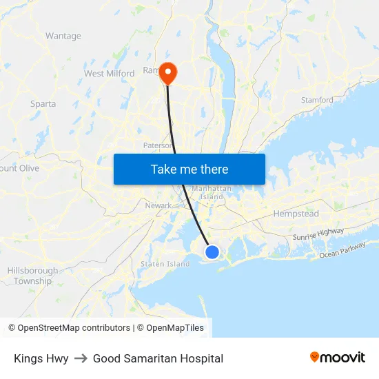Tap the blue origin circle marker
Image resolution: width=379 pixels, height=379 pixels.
point(212,253)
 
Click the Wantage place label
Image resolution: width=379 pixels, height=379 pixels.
point(63,36)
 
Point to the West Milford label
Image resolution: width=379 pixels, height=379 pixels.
point(109,74)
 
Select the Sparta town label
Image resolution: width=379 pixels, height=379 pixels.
point(43,104)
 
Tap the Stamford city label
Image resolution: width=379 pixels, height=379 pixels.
point(317,100)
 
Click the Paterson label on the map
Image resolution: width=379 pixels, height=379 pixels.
point(156,145)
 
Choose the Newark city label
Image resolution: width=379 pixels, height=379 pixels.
point(158,205)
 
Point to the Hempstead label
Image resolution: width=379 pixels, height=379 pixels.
point(296,214)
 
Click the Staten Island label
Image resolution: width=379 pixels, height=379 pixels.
point(165,264)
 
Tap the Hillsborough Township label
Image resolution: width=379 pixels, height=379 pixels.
point(32,276)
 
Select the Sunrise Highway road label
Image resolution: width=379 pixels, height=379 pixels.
point(318,235)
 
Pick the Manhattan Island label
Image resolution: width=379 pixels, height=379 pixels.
point(211,192)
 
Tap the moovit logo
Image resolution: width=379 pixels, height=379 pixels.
point(338,358)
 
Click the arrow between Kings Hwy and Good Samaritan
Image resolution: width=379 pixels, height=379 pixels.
point(81,358)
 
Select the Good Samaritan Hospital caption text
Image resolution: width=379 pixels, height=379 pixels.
point(158,358)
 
